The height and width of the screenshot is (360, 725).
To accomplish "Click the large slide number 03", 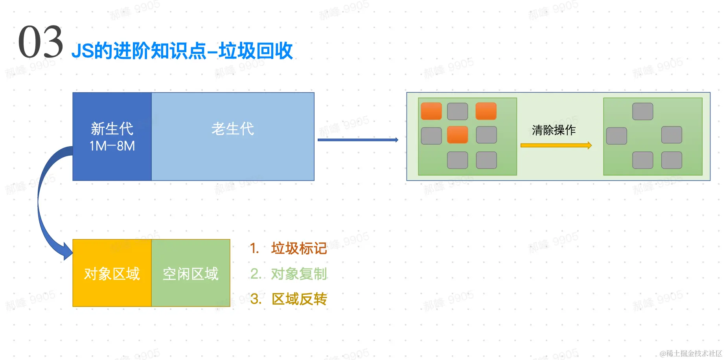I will coord(40,42).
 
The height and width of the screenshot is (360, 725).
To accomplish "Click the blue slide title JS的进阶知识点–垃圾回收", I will coord(182,51).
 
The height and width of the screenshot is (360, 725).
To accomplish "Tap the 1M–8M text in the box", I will coord(112,146).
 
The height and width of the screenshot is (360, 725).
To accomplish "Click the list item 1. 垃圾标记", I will coord(289,248).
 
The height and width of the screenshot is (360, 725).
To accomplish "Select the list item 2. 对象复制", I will coord(289,274).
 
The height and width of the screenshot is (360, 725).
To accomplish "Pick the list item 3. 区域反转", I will coord(289,299).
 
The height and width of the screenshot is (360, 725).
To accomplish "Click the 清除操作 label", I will coord(554,130).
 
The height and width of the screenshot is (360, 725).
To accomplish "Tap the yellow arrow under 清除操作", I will coord(556,145).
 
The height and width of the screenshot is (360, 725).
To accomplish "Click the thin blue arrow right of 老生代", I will coord(357,140).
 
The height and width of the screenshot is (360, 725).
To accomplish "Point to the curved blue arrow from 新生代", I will coord(43,204).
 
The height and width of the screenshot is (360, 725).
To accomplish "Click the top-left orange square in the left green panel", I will coord(431,111).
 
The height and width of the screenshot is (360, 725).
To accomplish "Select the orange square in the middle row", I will coord(458,135).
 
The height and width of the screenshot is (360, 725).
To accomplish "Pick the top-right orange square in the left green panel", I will coord(486,111).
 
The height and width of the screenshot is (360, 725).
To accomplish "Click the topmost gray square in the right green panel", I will coord(643,112).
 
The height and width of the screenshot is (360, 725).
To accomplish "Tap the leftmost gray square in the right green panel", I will coord(616,136).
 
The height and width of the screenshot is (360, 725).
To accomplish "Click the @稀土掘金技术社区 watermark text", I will coord(691,353).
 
